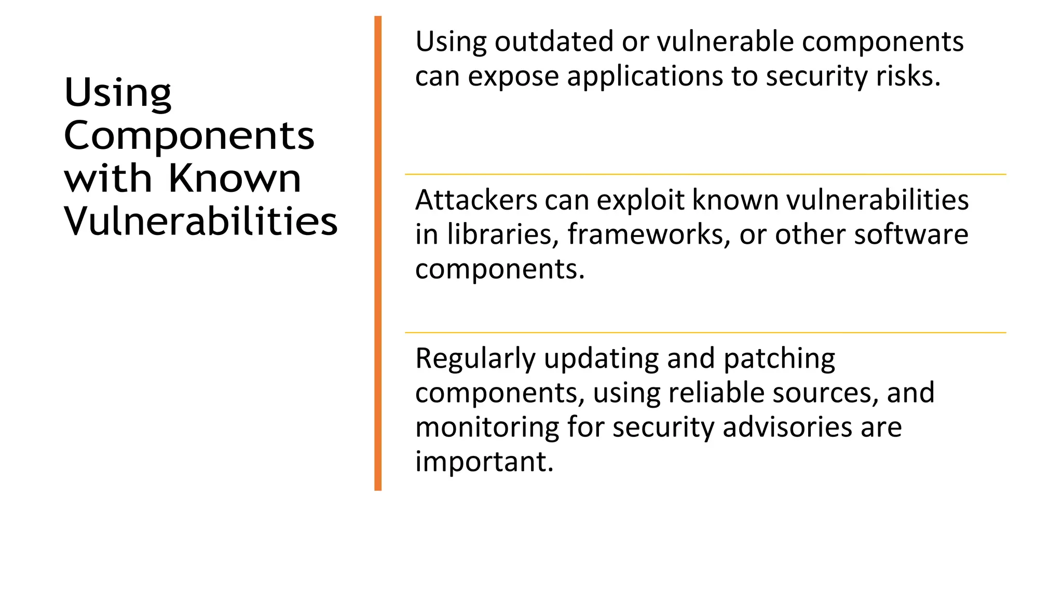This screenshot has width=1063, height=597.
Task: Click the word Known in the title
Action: (x=235, y=178)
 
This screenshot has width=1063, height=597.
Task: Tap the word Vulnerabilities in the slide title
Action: (x=201, y=221)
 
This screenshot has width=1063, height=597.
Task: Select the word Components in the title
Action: (x=189, y=136)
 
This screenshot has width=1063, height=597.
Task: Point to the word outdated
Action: (x=554, y=41)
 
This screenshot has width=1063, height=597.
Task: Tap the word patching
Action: (x=779, y=359)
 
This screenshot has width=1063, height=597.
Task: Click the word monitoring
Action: (x=487, y=428)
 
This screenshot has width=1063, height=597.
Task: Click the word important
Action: (x=484, y=462)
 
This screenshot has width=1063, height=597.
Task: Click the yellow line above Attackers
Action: (x=705, y=174)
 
